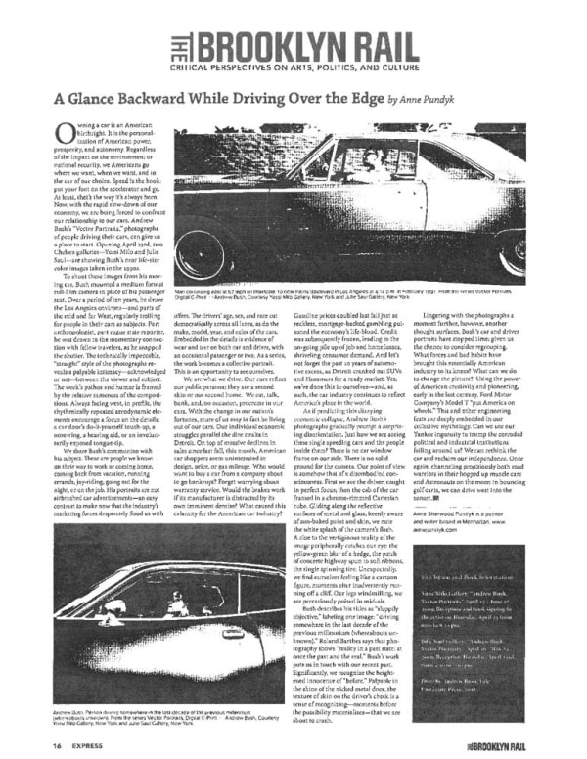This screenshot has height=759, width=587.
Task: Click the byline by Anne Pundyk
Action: tap(424, 100)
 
